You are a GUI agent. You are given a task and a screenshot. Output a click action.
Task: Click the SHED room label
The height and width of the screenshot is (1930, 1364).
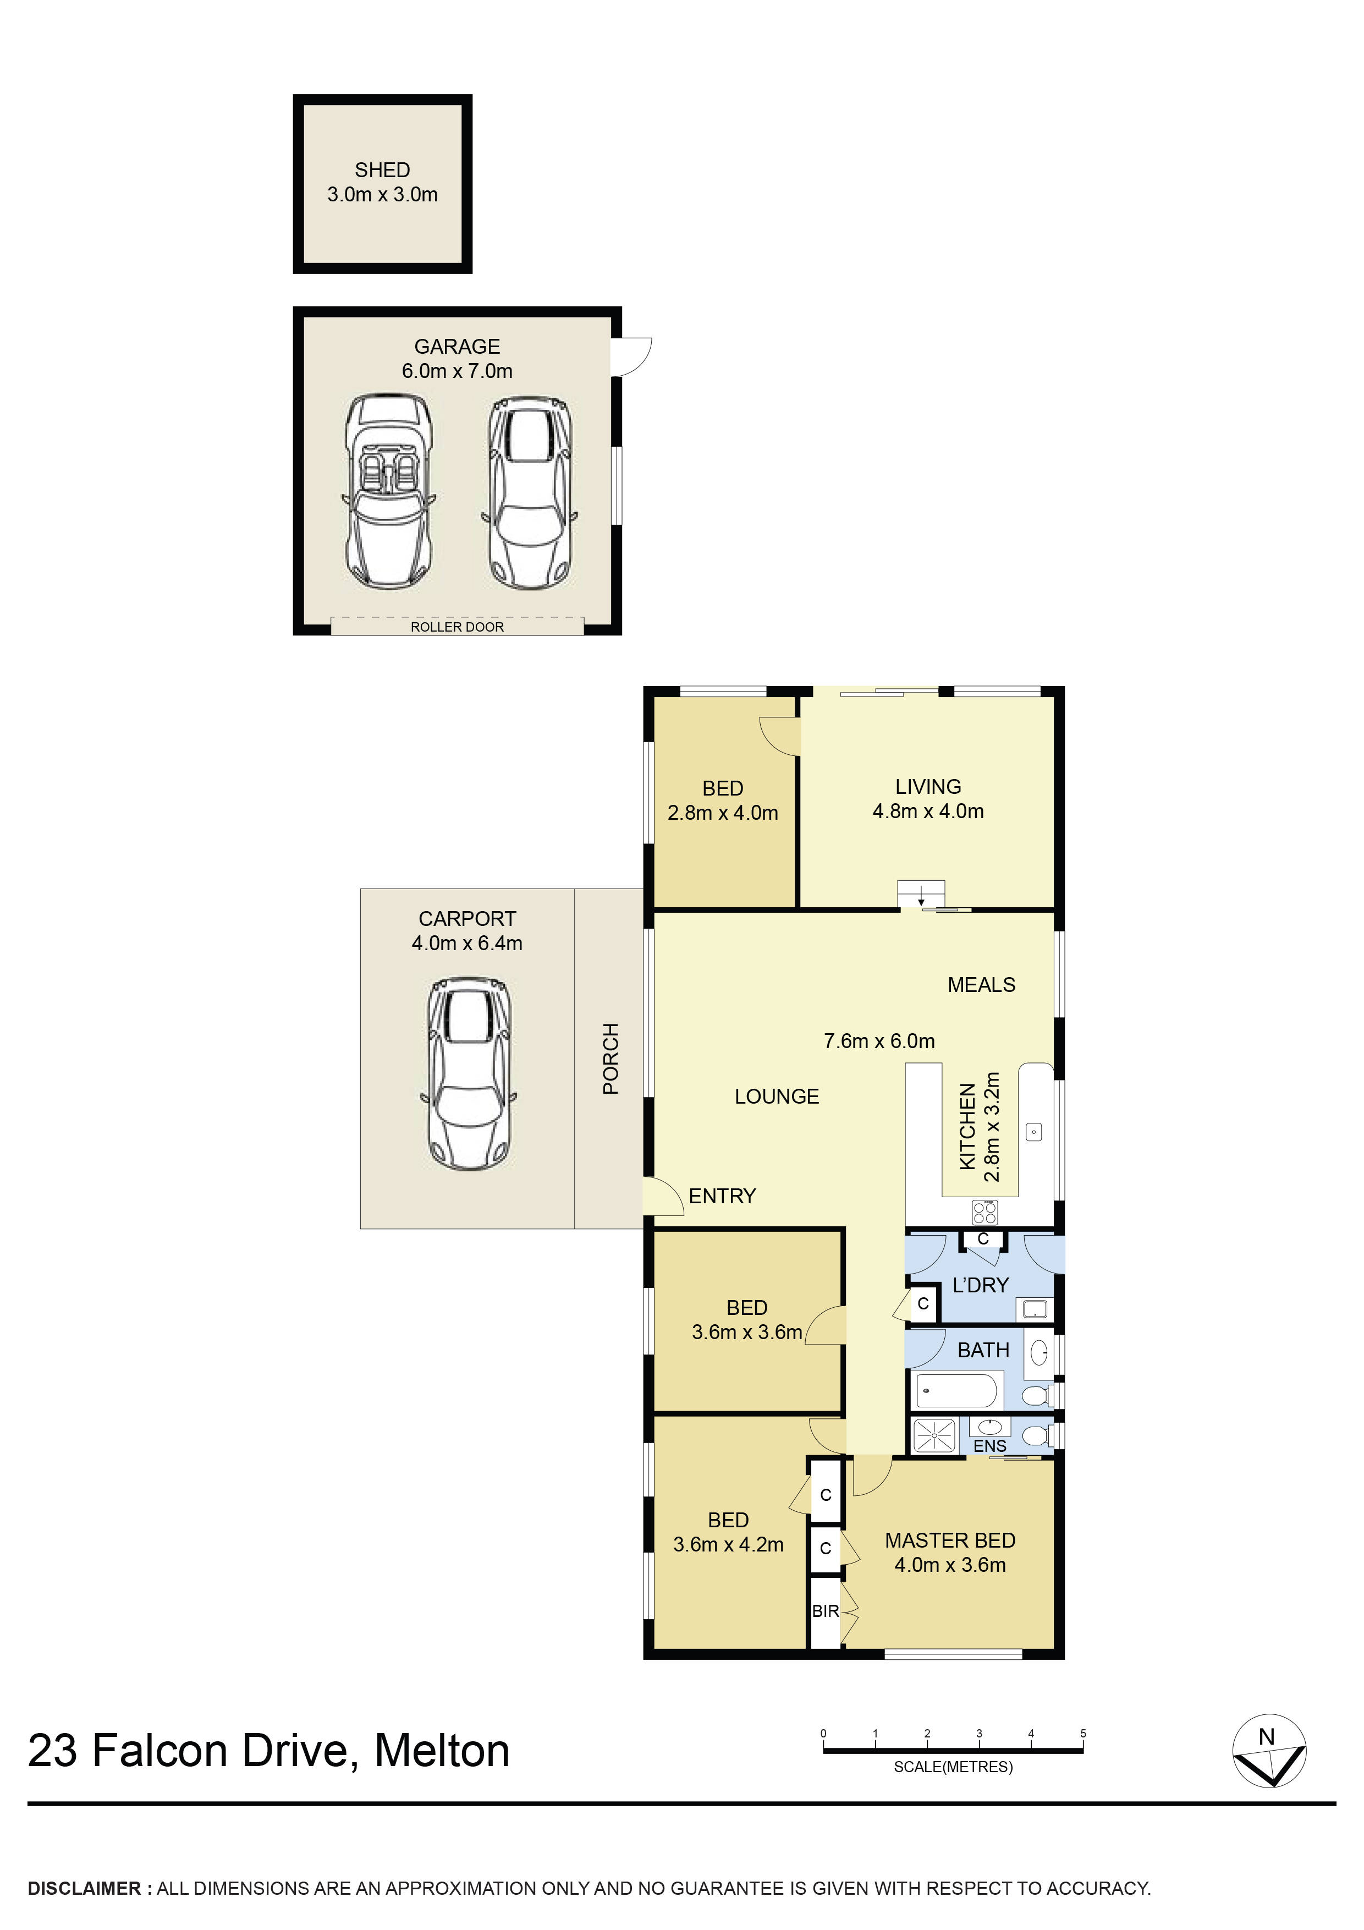click(x=382, y=171)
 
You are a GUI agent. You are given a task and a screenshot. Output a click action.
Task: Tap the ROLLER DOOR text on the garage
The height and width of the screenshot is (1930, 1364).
click(x=457, y=627)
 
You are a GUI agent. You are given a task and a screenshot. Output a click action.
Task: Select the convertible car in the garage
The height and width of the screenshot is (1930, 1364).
click(x=389, y=492)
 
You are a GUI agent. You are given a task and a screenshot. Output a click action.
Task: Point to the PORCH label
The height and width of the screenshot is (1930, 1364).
click(x=611, y=1059)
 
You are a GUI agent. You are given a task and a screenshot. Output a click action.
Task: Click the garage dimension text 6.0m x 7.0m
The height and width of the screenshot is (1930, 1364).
click(x=457, y=371)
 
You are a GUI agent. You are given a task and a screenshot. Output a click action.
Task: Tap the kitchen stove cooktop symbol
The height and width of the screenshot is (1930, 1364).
click(x=985, y=1212)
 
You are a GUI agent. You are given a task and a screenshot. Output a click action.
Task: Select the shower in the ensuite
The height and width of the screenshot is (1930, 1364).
click(x=934, y=1436)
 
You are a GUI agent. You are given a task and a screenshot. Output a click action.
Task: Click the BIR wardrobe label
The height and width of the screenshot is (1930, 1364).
click(x=826, y=1611)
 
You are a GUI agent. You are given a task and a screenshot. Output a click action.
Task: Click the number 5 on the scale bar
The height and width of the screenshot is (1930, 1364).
click(x=1083, y=1733)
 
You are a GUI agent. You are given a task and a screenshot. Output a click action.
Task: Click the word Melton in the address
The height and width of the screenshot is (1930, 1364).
click(x=442, y=1752)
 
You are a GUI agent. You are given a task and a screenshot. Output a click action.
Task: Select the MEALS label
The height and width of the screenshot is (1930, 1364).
click(x=981, y=985)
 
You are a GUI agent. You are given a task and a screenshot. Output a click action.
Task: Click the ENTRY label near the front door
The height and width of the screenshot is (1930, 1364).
click(x=722, y=1196)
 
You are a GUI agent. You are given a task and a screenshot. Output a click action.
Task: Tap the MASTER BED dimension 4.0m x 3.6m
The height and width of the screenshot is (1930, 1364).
click(x=950, y=1565)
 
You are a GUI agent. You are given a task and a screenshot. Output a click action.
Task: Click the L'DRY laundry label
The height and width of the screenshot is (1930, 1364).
click(x=980, y=1285)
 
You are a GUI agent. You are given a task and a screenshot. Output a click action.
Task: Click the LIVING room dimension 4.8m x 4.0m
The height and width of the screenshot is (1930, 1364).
click(x=928, y=812)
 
